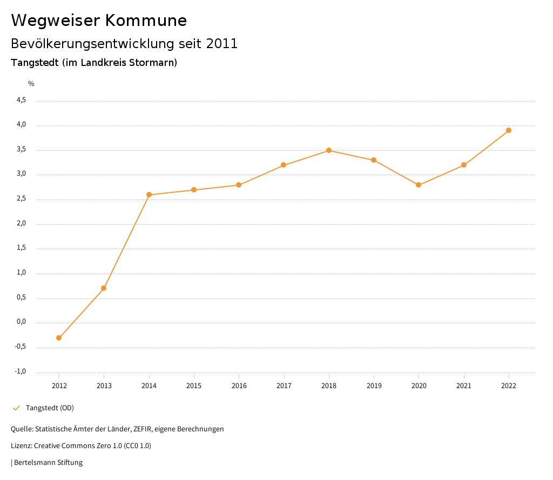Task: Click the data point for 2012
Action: point(59,338)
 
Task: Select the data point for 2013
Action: point(104,288)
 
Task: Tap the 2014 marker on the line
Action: point(149,195)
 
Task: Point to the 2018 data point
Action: point(329,150)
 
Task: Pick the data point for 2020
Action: point(419,185)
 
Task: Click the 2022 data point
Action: point(509,130)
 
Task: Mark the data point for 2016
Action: point(239,185)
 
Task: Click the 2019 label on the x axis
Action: point(374,385)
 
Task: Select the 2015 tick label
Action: point(194,385)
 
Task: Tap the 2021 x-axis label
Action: point(464,385)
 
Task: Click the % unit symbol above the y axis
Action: point(31,84)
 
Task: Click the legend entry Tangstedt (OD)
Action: point(50,408)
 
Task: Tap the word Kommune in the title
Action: point(146,21)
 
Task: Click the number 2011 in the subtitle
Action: point(222,44)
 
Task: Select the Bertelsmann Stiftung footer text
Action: point(48,463)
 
